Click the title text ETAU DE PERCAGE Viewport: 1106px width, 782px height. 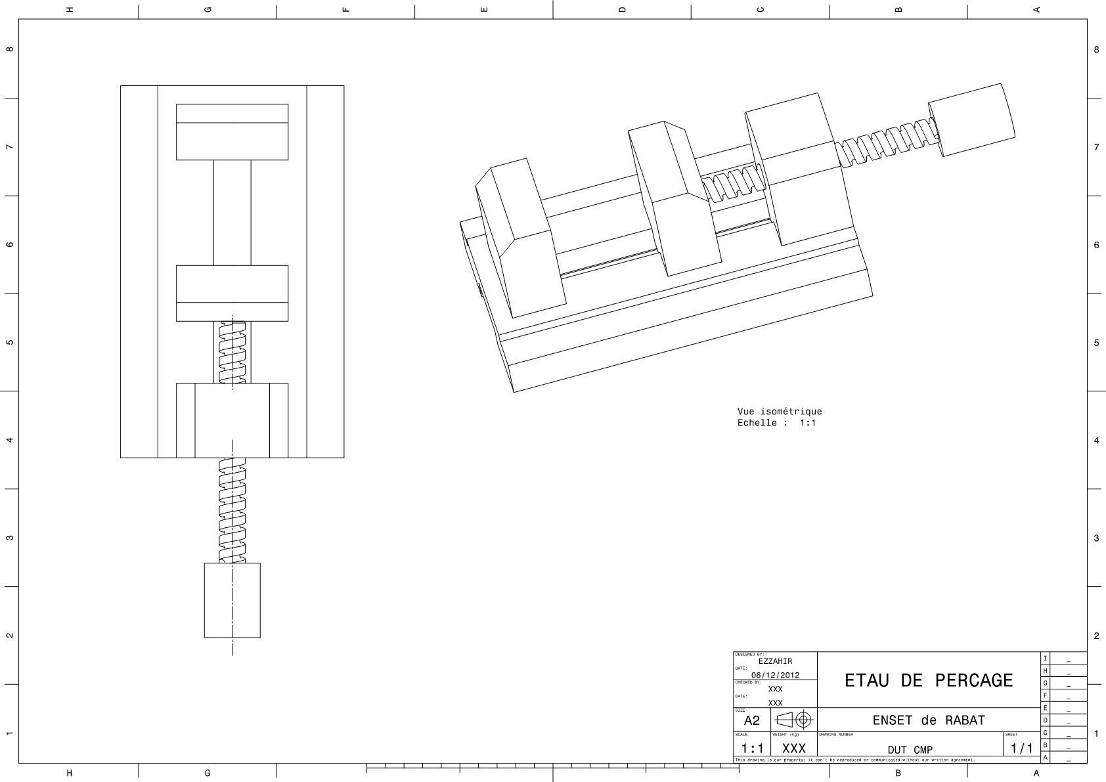(929, 680)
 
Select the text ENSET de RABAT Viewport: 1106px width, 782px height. (929, 720)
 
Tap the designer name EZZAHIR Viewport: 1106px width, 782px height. (775, 661)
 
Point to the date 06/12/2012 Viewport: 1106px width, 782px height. (775, 675)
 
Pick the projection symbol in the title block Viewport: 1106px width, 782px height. (794, 719)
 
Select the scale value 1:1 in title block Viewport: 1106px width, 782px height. (752, 749)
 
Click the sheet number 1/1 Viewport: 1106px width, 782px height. (1021, 748)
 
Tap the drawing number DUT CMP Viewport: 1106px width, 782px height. (910, 750)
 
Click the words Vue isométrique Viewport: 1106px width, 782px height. (779, 412)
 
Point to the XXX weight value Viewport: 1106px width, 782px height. (793, 749)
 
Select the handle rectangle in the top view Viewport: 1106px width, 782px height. (232, 600)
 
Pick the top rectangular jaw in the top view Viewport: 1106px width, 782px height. (232, 132)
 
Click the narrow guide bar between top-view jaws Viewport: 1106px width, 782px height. (232, 212)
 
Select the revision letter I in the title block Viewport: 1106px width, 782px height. (1045, 658)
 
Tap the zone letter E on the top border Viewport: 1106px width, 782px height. (484, 9)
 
